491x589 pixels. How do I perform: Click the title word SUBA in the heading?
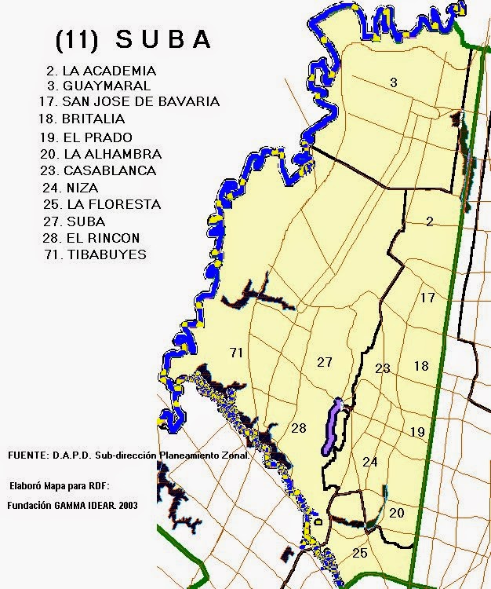pyautogui.click(x=163, y=40)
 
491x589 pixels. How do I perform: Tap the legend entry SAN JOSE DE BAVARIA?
pyautogui.click(x=129, y=101)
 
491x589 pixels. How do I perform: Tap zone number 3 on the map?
pyautogui.click(x=393, y=82)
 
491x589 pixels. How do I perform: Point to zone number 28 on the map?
pyautogui.click(x=298, y=428)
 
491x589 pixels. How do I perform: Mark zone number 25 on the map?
pyautogui.click(x=360, y=554)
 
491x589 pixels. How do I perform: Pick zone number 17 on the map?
pyautogui.click(x=427, y=298)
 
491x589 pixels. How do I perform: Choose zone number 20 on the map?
pyautogui.click(x=397, y=513)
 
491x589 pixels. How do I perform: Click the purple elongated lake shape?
pyautogui.click(x=331, y=426)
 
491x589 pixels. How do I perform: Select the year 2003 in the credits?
pyautogui.click(x=126, y=506)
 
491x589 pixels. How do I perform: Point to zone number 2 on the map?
pyautogui.click(x=429, y=221)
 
